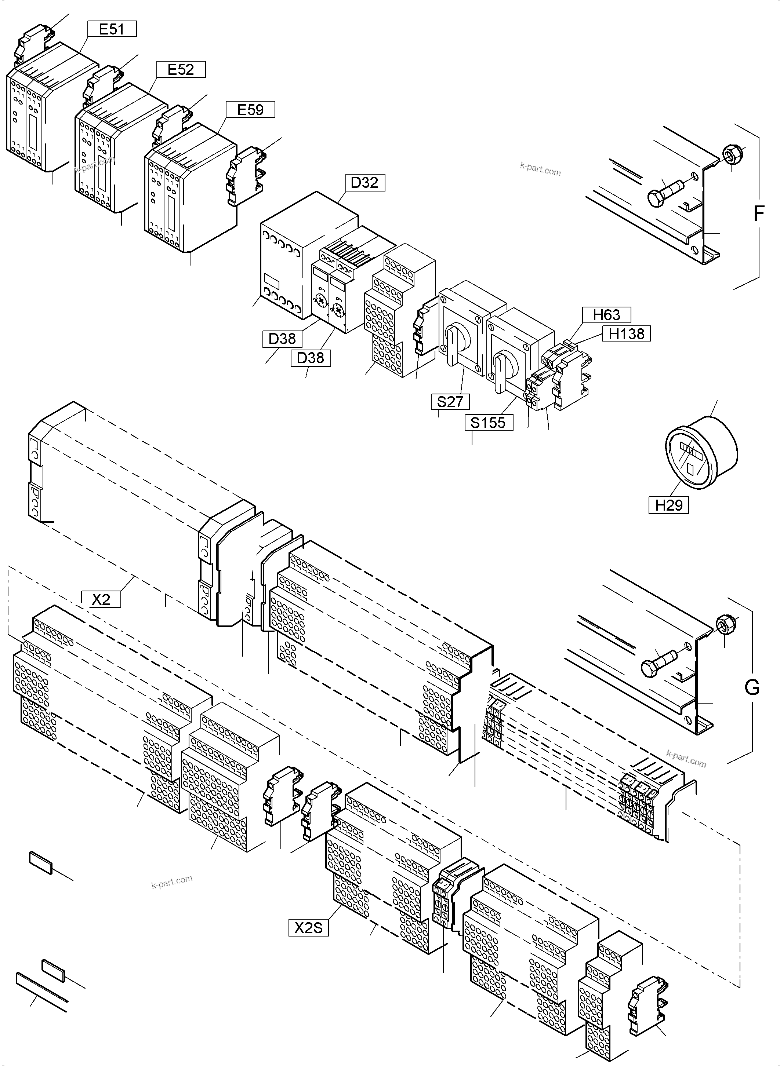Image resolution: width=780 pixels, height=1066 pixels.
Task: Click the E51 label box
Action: (x=112, y=29)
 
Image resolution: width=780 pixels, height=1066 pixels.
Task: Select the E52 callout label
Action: (x=181, y=69)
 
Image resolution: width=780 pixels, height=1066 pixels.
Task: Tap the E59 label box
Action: (x=250, y=109)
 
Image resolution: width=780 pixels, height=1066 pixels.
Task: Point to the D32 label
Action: (x=364, y=182)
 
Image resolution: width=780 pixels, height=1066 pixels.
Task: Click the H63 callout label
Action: (x=606, y=314)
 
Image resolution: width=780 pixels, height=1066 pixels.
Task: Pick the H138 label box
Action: (x=627, y=333)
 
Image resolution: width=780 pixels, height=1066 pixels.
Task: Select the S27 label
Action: (x=450, y=402)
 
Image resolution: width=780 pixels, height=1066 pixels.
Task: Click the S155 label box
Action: (x=488, y=422)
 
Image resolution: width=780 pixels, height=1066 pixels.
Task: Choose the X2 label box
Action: (x=101, y=599)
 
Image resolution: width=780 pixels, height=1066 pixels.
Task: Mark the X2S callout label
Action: (x=308, y=928)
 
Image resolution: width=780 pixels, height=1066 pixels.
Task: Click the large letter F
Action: (x=758, y=214)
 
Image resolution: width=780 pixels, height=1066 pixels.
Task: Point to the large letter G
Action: (x=752, y=687)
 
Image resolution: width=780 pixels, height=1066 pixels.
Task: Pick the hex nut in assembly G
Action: (x=724, y=625)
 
